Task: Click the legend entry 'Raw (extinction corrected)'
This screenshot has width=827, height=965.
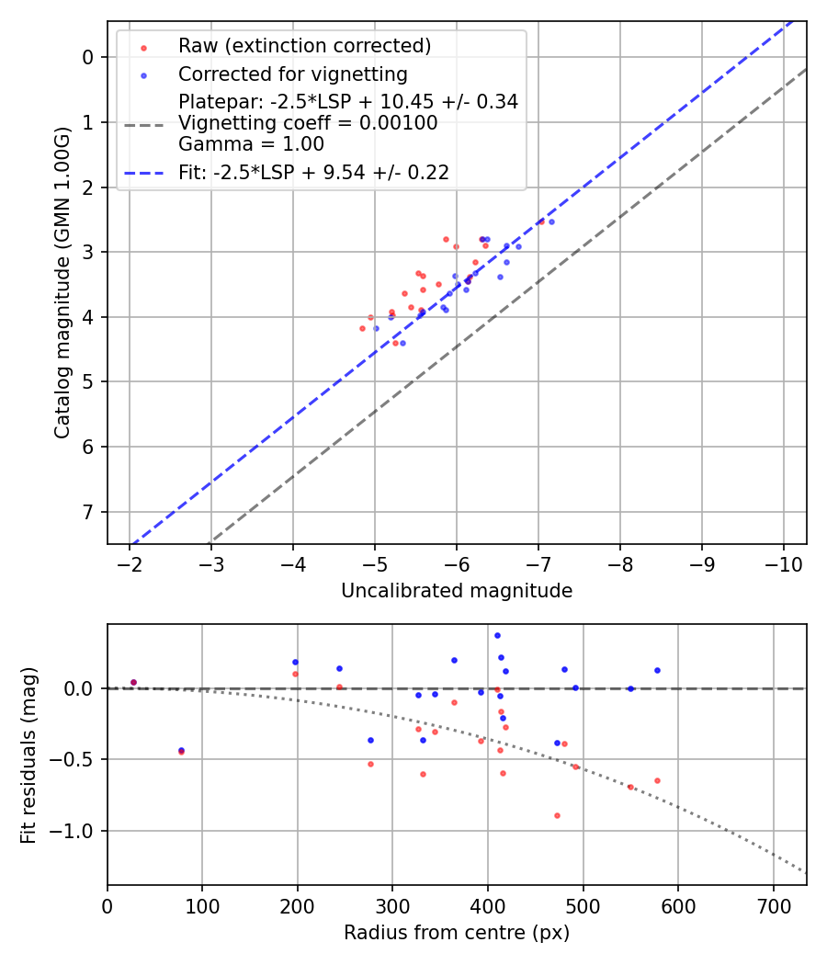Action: click(304, 46)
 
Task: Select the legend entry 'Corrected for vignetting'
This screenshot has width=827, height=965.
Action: click(292, 74)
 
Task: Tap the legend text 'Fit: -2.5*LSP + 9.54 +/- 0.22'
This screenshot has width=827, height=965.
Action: click(313, 172)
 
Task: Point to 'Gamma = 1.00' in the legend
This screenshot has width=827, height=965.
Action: click(251, 143)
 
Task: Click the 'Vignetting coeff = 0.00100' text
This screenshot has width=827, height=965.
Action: click(308, 123)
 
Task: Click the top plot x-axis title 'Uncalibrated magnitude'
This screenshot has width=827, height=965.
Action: click(457, 591)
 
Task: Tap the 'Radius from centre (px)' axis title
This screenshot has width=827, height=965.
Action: click(457, 933)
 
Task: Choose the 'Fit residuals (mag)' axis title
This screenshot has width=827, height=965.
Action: click(28, 755)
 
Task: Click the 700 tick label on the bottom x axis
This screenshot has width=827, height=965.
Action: click(773, 905)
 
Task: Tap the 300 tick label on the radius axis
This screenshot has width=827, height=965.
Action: click(392, 905)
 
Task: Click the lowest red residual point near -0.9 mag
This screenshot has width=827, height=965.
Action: click(557, 815)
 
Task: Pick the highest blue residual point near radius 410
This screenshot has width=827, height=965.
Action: click(497, 635)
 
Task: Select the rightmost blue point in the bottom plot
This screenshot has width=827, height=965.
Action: click(657, 670)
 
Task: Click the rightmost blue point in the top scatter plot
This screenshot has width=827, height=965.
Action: click(551, 221)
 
